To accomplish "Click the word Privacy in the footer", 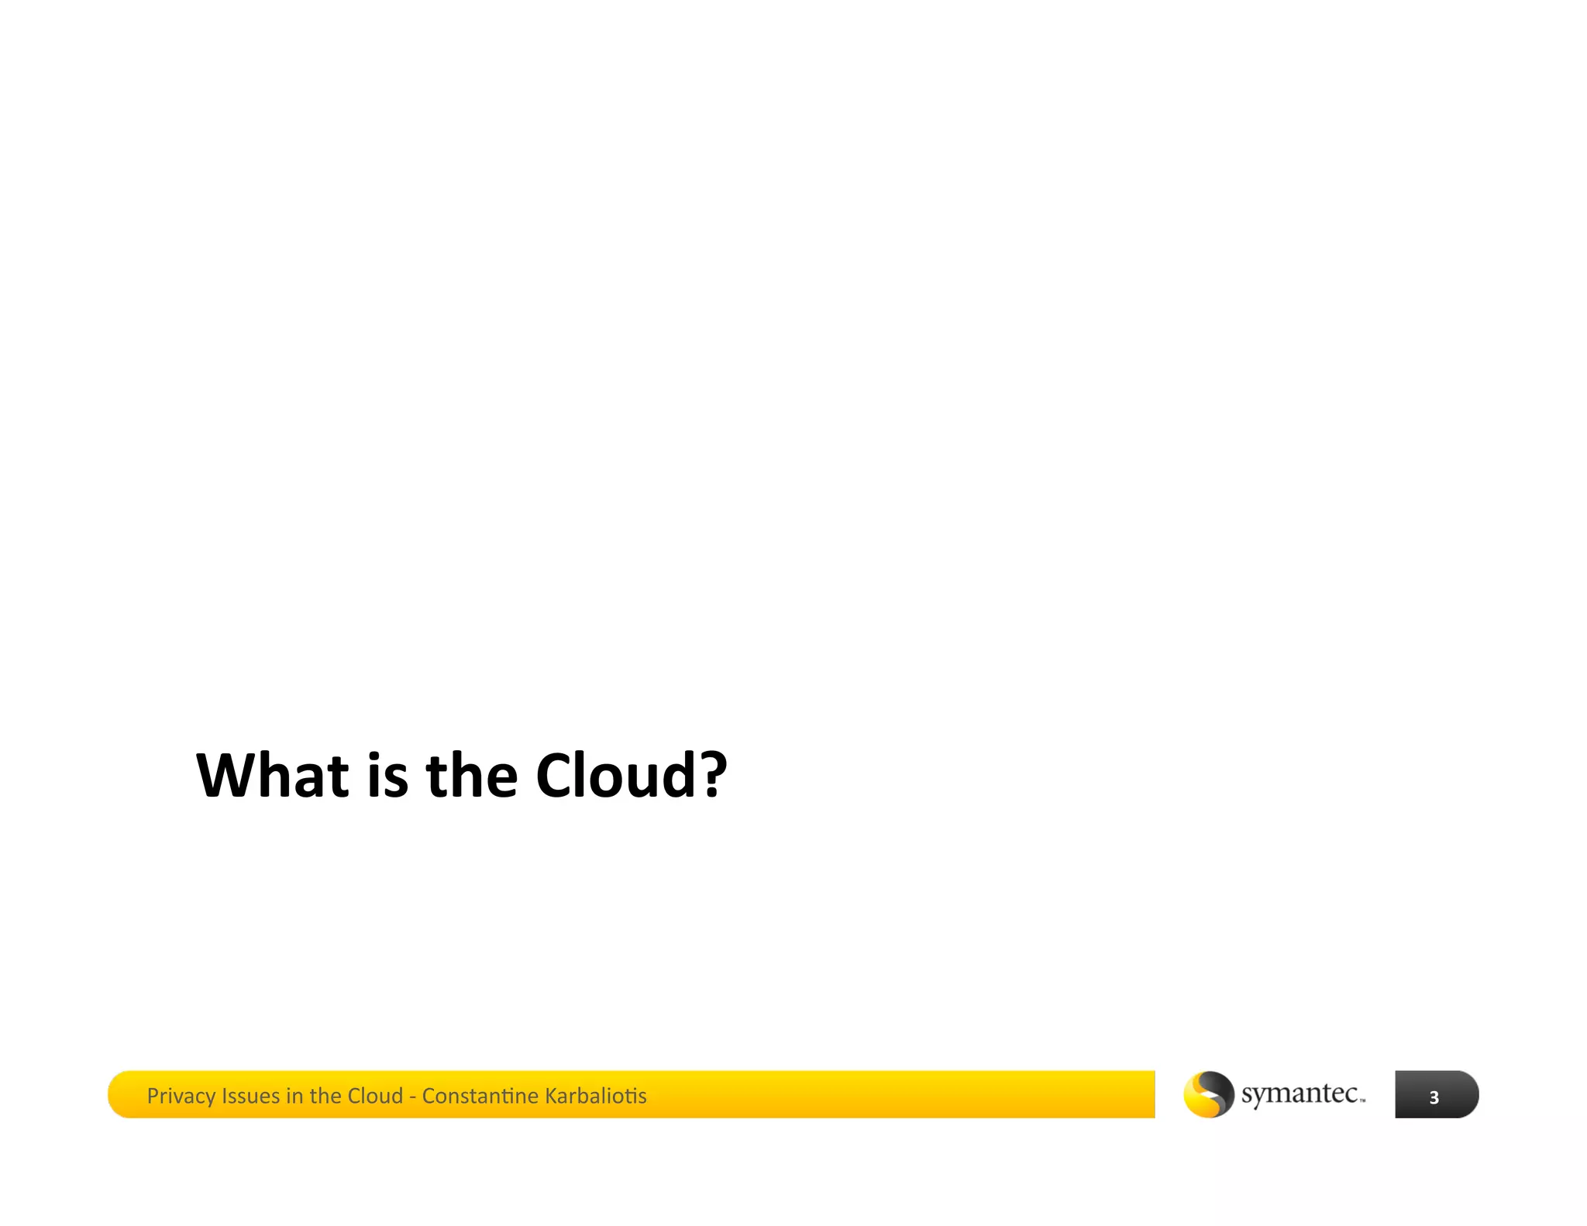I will [181, 1096].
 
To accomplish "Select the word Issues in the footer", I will [250, 1096].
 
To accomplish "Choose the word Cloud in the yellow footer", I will [375, 1096].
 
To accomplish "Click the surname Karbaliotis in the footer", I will [595, 1096].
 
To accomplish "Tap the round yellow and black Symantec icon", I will [1208, 1094].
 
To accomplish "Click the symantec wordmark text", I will [1300, 1093].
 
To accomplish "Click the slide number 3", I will [1434, 1097].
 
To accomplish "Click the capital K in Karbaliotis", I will [551, 1096].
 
